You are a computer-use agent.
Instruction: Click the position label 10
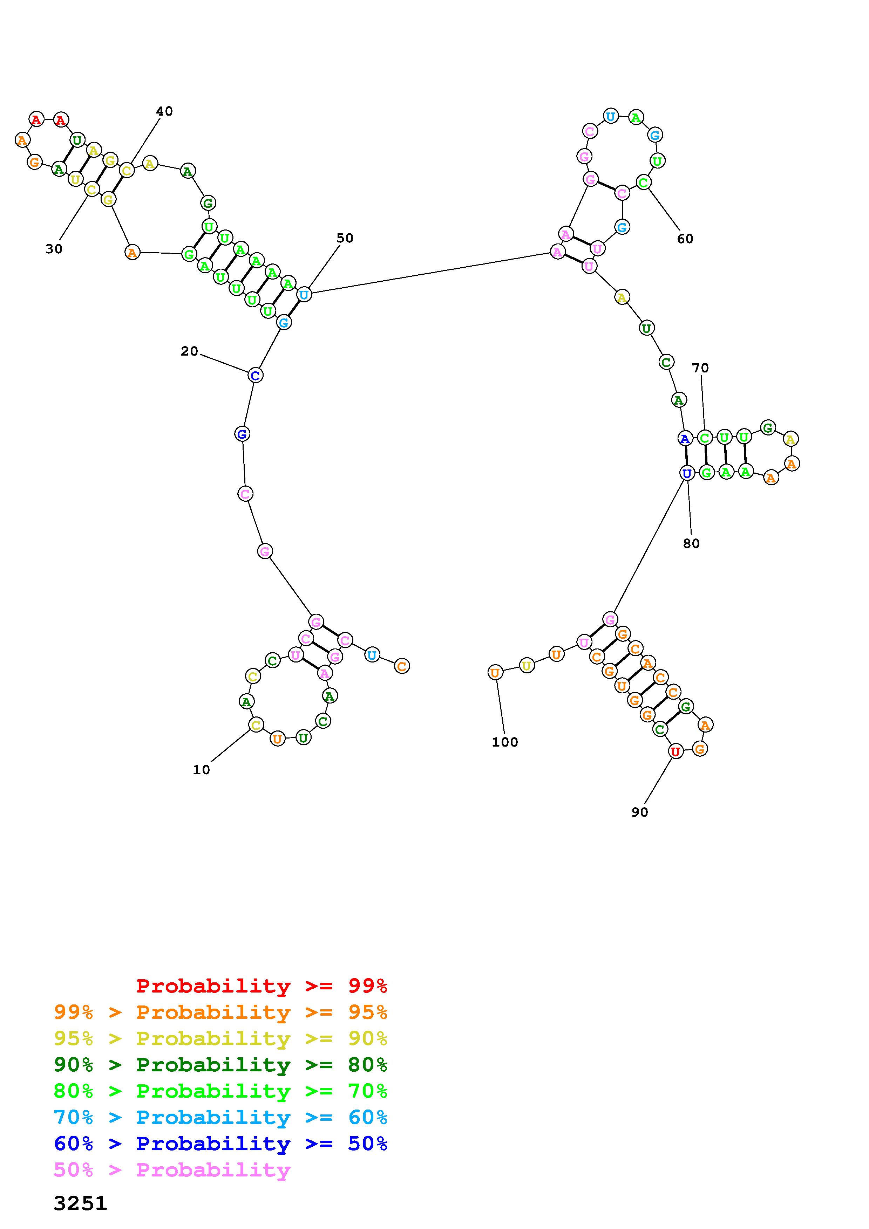point(201,770)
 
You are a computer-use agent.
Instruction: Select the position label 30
point(54,249)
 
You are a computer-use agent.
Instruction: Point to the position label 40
point(164,111)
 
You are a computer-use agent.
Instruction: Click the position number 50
point(345,238)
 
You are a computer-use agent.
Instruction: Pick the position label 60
point(685,239)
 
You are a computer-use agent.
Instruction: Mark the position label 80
point(691,543)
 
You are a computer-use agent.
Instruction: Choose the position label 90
point(639,812)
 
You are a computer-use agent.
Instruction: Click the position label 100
point(505,742)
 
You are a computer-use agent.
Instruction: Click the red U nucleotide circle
point(676,751)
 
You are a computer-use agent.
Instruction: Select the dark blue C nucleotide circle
point(256,375)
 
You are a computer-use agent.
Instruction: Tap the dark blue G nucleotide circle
point(242,434)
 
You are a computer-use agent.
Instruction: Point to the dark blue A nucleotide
point(684,439)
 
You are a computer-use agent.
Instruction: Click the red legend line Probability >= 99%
point(262,986)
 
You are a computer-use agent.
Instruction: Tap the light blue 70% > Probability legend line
point(220,1118)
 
